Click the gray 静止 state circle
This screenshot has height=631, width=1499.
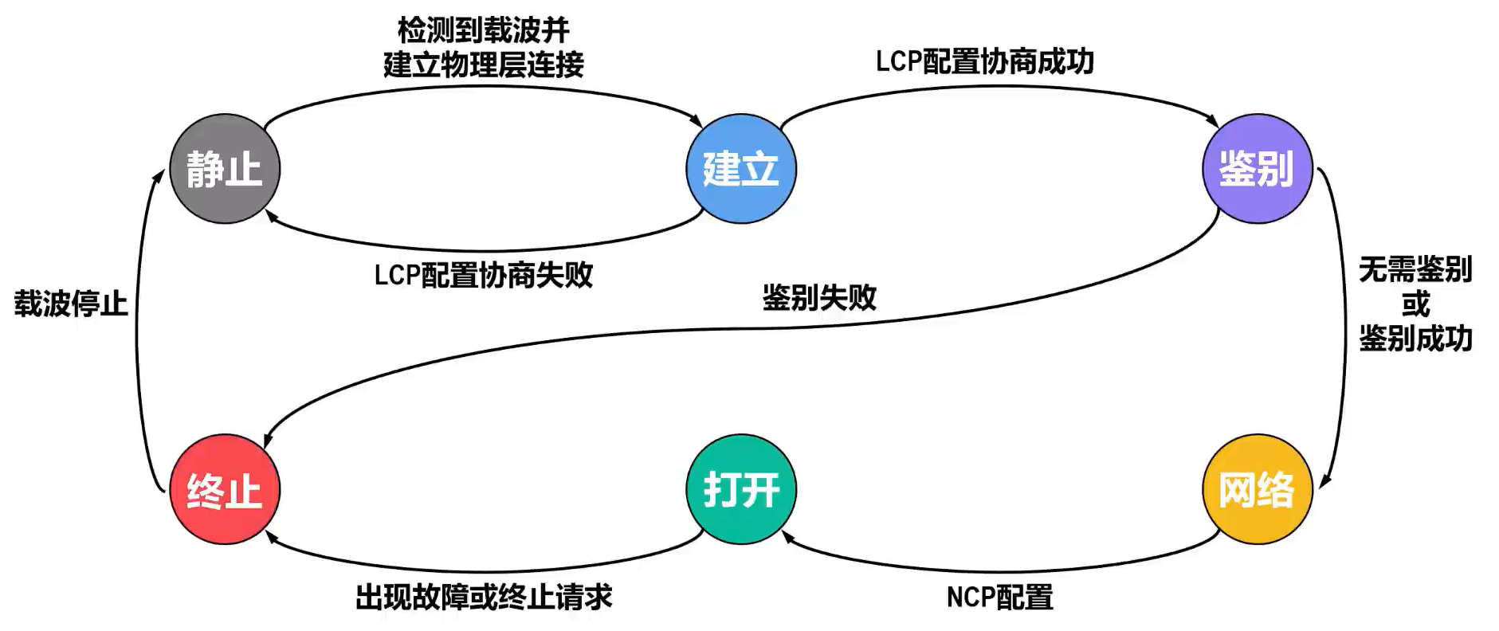(x=225, y=169)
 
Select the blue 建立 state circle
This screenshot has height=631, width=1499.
(x=740, y=169)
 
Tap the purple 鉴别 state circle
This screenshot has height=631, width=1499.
(x=1257, y=169)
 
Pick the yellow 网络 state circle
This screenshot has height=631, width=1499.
(x=1257, y=489)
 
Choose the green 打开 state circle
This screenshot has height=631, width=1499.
(x=740, y=489)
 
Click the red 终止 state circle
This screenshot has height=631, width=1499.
(x=225, y=489)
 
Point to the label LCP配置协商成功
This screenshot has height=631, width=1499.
(x=984, y=61)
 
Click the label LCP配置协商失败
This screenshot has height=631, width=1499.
(x=484, y=275)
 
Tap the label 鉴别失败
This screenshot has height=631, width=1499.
(x=819, y=298)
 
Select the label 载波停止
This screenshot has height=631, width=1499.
(x=71, y=304)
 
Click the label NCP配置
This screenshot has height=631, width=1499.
(x=999, y=597)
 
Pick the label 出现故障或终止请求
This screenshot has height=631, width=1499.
(x=484, y=597)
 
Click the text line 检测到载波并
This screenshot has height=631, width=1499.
(x=484, y=30)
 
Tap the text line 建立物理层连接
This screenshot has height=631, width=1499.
(x=484, y=65)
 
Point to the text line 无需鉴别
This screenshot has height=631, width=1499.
(x=1415, y=269)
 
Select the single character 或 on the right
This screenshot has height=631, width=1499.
(x=1415, y=304)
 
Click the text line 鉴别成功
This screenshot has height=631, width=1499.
(x=1415, y=338)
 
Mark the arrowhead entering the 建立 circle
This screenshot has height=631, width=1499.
(x=697, y=123)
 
